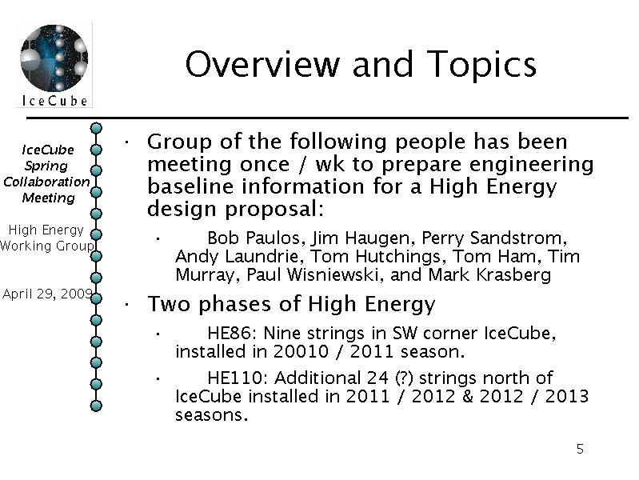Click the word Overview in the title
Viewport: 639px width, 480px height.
262,64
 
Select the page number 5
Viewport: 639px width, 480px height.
580,449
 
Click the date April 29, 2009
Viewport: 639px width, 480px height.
47,294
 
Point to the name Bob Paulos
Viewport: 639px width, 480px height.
254,238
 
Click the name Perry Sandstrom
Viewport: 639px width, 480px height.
492,238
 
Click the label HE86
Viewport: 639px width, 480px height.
230,333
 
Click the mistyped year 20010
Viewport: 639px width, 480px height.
301,351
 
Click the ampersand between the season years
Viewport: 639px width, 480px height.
467,396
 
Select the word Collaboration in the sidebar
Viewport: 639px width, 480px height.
46,182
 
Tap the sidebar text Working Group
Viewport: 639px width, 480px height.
47,246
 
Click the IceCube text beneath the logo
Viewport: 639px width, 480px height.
54,101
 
